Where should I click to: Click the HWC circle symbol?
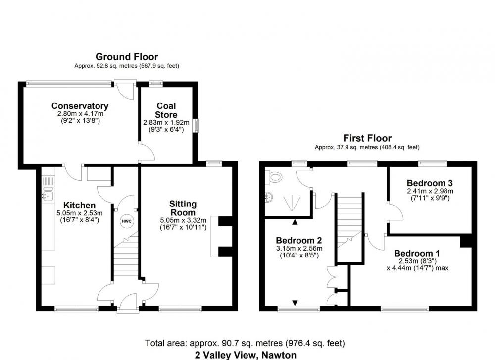pyautogui.click(x=127, y=221)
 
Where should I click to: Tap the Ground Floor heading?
pyautogui.click(x=127, y=57)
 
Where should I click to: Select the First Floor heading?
pyautogui.click(x=367, y=138)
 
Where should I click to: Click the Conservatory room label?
pyautogui.click(x=80, y=106)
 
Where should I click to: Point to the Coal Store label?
pyautogui.click(x=166, y=110)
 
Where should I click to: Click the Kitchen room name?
pyautogui.click(x=79, y=206)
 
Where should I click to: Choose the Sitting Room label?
pyautogui.click(x=183, y=208)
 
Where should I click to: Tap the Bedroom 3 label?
pyautogui.click(x=430, y=183)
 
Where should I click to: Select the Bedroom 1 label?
pyautogui.click(x=417, y=253)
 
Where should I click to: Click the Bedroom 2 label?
pyautogui.click(x=298, y=240)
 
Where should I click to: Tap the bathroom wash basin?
pyautogui.click(x=269, y=198)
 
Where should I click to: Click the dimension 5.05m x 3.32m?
pyautogui.click(x=183, y=220)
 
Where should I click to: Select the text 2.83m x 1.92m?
pyautogui.click(x=166, y=122)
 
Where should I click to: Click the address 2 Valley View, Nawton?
pyautogui.click(x=246, y=355)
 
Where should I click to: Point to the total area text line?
pyautogui.click(x=245, y=343)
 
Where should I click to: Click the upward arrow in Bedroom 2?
pyautogui.click(x=295, y=222)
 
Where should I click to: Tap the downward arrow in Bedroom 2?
pyautogui.click(x=295, y=303)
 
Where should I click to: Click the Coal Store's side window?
pyautogui.click(x=196, y=125)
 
